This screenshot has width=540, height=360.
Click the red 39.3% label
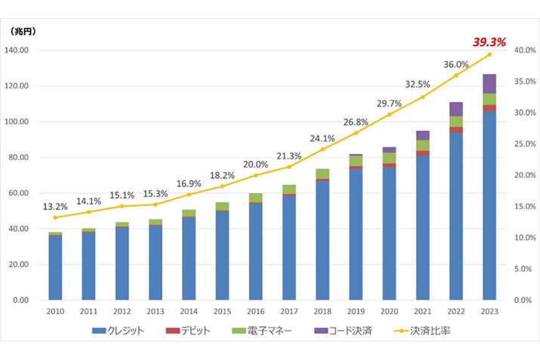pos(489,42)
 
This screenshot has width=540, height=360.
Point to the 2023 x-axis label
pos(489,311)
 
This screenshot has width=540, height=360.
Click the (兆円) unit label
pos(23,32)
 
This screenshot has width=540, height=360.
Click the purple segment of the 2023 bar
pos(489,84)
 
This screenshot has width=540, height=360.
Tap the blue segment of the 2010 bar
pos(55,268)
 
